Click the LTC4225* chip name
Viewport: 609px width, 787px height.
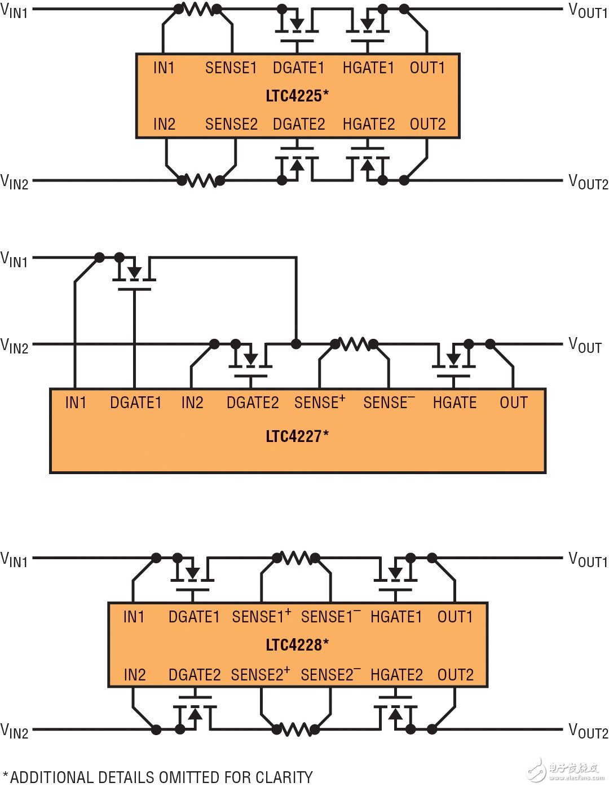(297, 96)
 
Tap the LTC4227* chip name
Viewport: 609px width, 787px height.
(297, 436)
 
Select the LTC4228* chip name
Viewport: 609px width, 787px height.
(297, 645)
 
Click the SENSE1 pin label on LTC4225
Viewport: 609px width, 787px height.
(231, 68)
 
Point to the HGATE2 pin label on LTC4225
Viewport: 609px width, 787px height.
(369, 124)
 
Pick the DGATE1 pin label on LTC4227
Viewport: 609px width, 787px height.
(135, 403)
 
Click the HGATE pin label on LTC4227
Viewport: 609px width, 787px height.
(454, 403)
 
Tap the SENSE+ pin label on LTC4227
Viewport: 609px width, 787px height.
(320, 402)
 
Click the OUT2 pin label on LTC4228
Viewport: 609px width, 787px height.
(456, 675)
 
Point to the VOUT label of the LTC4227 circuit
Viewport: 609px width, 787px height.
(585, 345)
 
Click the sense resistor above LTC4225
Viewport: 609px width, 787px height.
(198, 9)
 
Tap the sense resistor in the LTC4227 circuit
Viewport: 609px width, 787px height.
(354, 344)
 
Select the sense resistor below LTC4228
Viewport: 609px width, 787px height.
(296, 729)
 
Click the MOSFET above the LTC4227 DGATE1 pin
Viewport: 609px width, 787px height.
(134, 273)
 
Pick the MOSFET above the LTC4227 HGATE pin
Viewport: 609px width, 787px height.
(453, 360)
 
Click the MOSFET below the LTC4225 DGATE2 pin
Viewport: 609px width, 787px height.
(297, 164)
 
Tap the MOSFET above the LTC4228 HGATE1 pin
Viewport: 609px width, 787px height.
(395, 574)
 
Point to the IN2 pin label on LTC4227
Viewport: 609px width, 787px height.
(192, 403)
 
